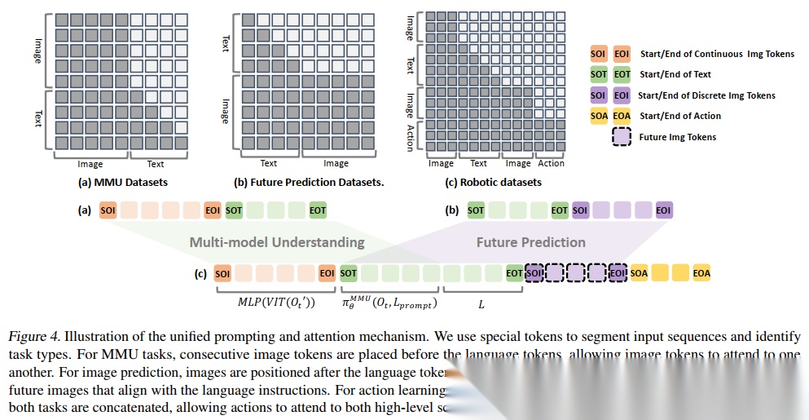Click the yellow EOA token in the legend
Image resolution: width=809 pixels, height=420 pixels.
(622, 116)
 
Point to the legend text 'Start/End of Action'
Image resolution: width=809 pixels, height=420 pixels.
(680, 116)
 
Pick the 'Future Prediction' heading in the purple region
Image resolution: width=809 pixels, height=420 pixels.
(530, 242)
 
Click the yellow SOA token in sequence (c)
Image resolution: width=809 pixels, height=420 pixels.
(639, 273)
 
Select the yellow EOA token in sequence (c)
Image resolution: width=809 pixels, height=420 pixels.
(701, 273)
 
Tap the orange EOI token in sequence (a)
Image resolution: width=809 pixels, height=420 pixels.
(213, 210)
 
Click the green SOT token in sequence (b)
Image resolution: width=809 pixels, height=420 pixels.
(476, 210)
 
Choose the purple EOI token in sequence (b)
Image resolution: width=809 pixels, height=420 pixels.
(664, 210)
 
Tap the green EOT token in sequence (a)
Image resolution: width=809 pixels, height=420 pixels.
(318, 210)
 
